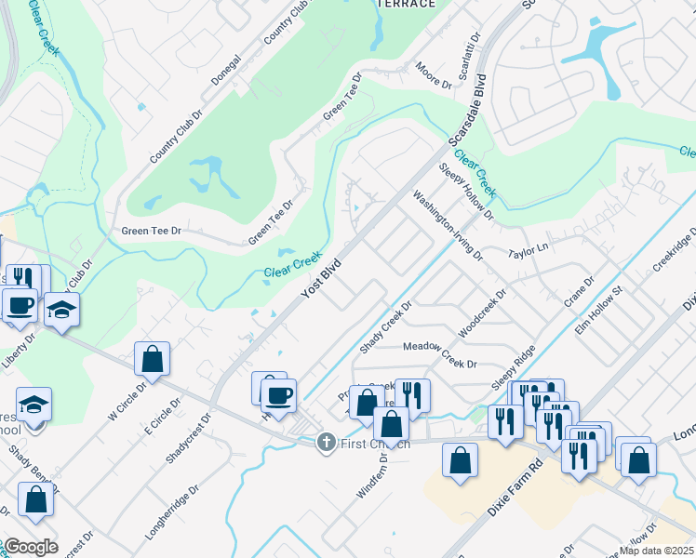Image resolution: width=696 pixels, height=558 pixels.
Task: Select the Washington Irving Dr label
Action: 449,226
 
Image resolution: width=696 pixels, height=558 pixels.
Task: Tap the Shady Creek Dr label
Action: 385,326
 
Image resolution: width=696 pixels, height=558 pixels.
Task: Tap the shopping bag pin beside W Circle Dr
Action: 152,360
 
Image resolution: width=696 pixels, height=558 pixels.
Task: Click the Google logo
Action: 30,546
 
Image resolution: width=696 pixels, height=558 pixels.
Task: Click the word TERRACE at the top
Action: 406,4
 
